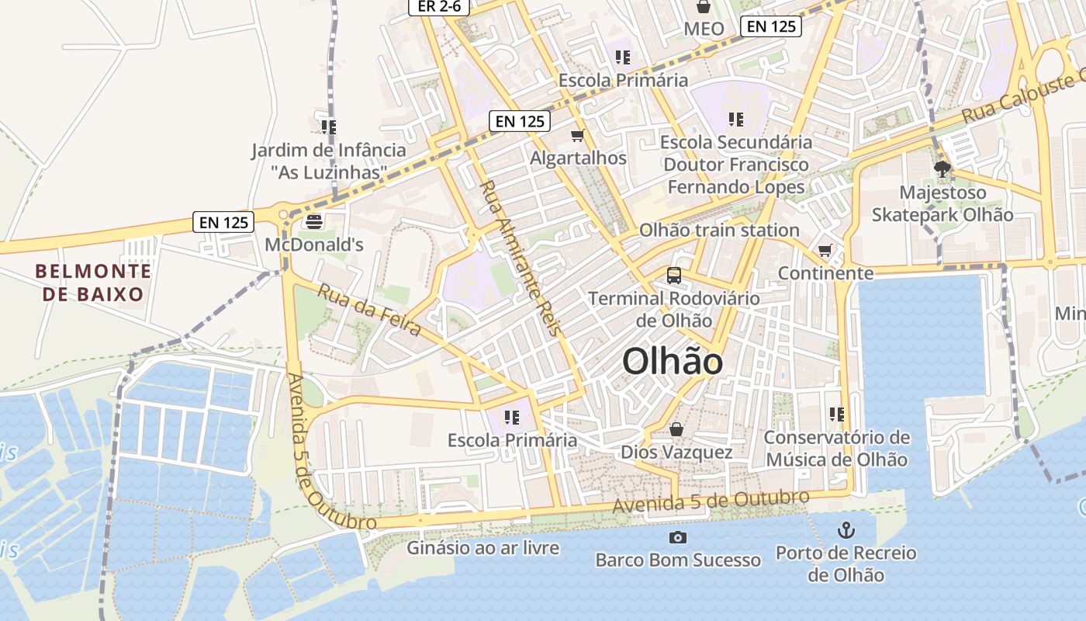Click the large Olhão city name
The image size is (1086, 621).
tap(672, 362)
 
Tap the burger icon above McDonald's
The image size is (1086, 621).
tap(314, 222)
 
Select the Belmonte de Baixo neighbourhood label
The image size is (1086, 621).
tap(93, 283)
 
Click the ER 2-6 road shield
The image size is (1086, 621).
tap(439, 6)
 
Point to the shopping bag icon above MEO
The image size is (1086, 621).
tap(704, 7)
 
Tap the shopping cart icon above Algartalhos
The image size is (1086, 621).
tap(577, 136)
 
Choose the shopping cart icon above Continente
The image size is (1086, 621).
tap(825, 251)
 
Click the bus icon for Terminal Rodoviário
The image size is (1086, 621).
tap(673, 276)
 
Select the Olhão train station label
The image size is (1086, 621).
tap(718, 230)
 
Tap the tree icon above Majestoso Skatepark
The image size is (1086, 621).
tap(942, 168)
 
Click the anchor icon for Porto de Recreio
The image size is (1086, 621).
tap(846, 531)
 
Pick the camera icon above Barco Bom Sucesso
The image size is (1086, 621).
tap(677, 537)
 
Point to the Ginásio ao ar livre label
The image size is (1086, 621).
tap(482, 548)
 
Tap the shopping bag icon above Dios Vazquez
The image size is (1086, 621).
tap(676, 429)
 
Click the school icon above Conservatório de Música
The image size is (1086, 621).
tap(835, 415)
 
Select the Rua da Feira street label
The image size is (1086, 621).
tap(369, 311)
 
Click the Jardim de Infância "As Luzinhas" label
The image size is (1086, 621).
tap(329, 160)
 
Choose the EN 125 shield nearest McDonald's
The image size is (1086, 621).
tap(223, 222)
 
